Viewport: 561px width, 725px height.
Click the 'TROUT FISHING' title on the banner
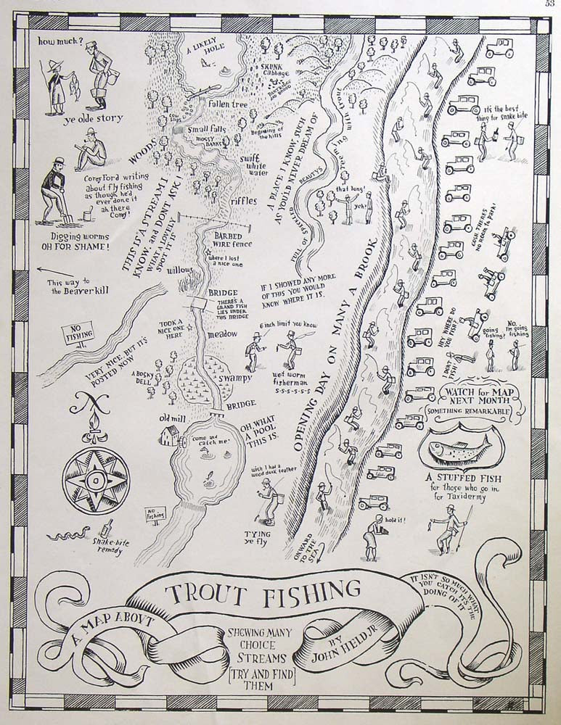coord(263,592)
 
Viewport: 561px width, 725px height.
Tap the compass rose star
coord(97,480)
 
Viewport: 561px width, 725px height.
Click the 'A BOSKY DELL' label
coord(141,378)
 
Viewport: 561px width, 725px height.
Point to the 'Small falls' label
coord(207,129)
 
